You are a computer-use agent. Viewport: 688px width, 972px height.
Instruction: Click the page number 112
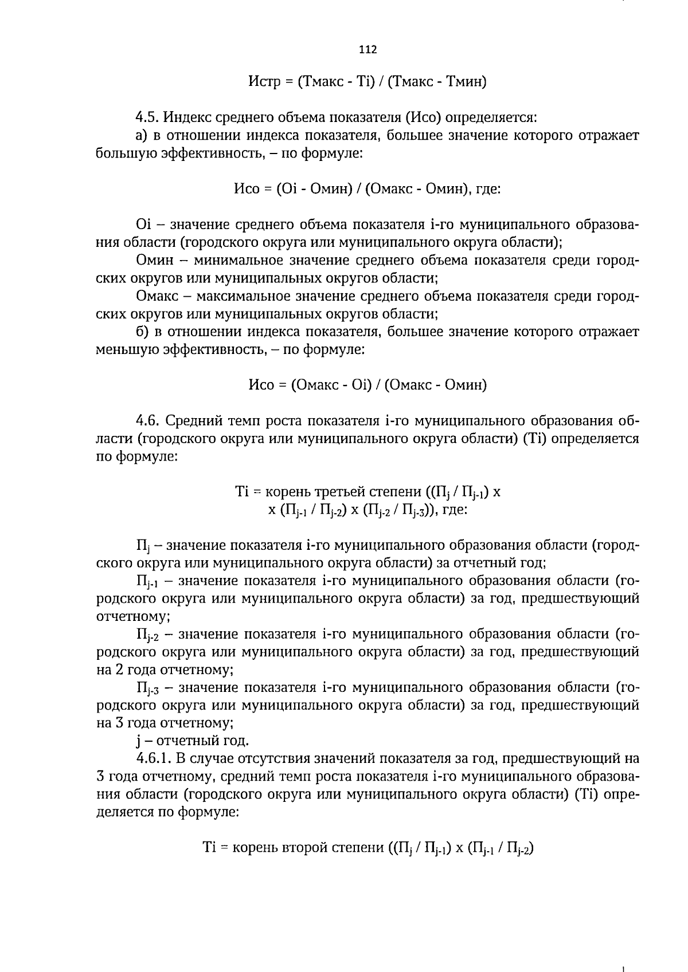click(x=368, y=50)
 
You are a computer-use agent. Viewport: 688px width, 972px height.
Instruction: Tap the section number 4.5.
click(x=148, y=118)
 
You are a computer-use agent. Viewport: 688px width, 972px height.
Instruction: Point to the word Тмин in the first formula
click(x=466, y=82)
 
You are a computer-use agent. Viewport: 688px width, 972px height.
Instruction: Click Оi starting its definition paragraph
click(x=142, y=225)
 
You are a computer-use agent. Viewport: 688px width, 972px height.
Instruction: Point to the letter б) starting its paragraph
click(x=143, y=332)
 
